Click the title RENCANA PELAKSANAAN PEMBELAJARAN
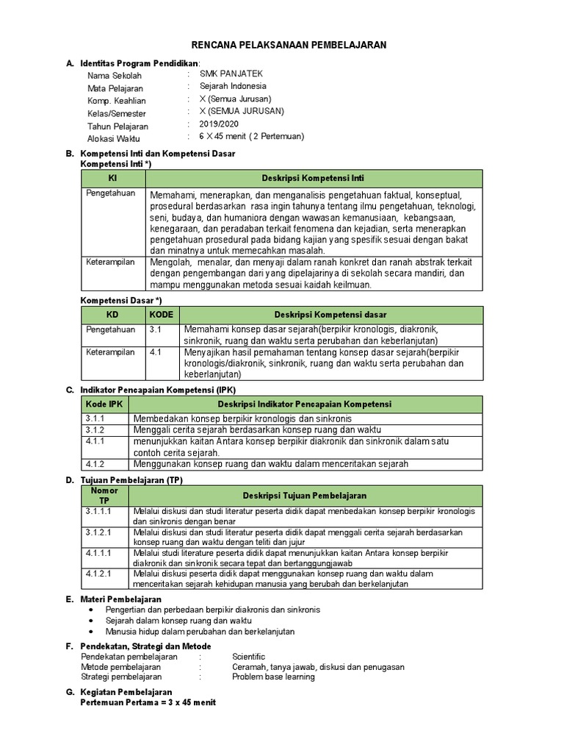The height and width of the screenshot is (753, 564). [x=289, y=46]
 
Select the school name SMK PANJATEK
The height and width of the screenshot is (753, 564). [x=231, y=74]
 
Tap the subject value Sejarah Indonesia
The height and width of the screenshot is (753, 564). [x=233, y=86]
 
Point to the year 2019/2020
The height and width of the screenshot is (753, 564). [x=219, y=124]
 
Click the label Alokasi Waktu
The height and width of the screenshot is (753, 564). [x=113, y=138]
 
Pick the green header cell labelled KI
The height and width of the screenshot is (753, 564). [x=112, y=179]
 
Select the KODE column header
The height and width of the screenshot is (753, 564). [x=162, y=315]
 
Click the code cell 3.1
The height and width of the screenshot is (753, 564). [x=155, y=330]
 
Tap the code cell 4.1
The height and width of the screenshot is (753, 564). [x=155, y=352]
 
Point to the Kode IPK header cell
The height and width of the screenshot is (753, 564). [x=104, y=404]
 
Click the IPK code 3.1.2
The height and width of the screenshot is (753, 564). [x=95, y=429]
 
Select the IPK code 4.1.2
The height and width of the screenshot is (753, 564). [x=95, y=464]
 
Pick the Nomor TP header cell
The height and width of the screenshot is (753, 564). [x=104, y=495]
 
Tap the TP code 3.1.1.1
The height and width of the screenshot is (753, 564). [x=98, y=510]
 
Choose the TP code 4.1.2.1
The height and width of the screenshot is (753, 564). [x=98, y=573]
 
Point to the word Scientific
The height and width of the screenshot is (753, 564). [x=249, y=657]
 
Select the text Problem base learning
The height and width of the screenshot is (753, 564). [x=273, y=677]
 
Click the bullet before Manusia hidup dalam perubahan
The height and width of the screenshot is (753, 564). [x=90, y=632]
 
